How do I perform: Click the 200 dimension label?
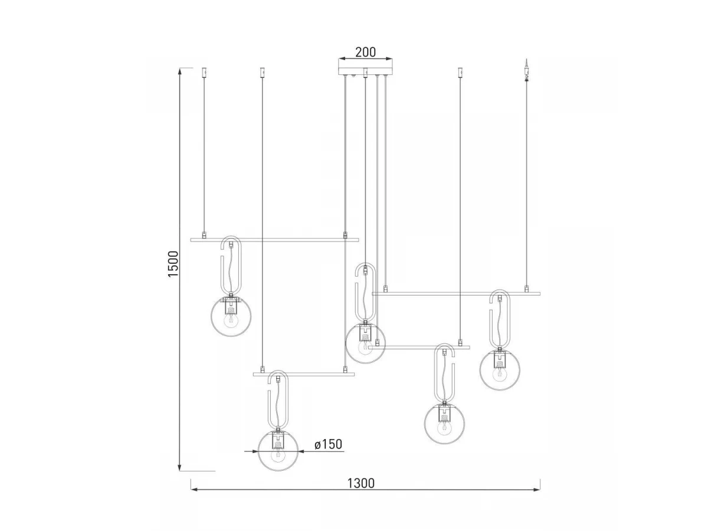pos(365,52)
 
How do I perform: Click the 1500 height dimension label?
pos(173,263)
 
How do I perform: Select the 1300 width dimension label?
pos(361,484)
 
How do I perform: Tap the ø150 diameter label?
pos(328,444)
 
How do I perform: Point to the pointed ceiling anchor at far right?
pos(526,68)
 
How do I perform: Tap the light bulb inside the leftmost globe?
pos(231,321)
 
